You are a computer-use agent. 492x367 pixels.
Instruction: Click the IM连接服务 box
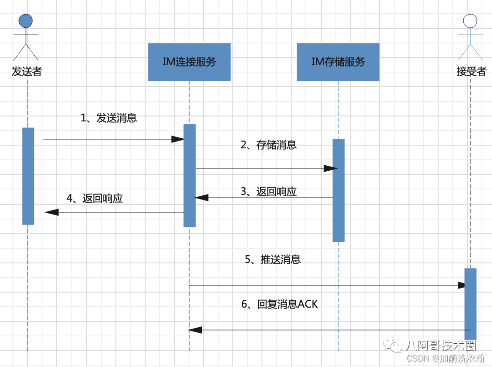[x=189, y=62]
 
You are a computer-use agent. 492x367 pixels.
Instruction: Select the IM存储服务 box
[x=338, y=62]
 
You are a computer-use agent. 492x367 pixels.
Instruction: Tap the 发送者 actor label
[x=26, y=72]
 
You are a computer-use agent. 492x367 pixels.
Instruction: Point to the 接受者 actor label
[x=471, y=72]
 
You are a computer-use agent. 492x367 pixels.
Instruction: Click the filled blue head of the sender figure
[x=26, y=21]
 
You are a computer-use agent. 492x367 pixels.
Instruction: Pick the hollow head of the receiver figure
[x=470, y=21]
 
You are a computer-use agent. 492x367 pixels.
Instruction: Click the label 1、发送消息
[x=109, y=118]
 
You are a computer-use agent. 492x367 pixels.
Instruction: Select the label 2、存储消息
[x=268, y=145]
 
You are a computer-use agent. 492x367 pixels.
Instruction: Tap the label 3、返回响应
[x=268, y=191]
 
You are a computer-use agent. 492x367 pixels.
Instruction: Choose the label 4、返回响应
[x=94, y=198]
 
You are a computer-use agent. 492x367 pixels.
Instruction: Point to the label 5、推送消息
[x=272, y=260]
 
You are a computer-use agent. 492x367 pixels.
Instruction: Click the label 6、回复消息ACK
[x=279, y=304]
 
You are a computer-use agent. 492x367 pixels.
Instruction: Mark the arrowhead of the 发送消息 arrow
[x=178, y=139]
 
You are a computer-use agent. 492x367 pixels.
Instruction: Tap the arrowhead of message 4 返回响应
[x=52, y=212]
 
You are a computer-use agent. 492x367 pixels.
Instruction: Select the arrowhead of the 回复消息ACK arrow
[x=195, y=330]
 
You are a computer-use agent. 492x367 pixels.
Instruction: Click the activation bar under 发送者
[x=28, y=176]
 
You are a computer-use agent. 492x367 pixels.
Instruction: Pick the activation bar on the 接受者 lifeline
[x=471, y=304]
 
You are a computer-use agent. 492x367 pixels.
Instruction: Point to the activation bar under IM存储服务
[x=338, y=190]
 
